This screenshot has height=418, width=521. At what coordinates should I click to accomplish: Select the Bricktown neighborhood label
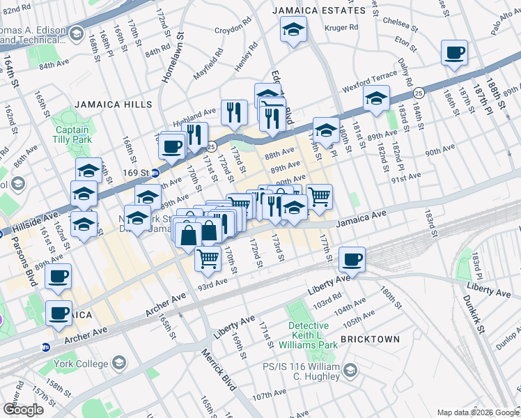(x=376, y=339)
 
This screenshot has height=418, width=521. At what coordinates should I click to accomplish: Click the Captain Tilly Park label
(x=72, y=134)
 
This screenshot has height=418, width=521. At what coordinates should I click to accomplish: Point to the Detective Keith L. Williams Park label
(x=309, y=335)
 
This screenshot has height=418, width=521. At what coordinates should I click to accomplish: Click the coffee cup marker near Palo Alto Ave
(x=454, y=53)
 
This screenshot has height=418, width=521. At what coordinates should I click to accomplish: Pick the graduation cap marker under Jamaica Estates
(x=293, y=30)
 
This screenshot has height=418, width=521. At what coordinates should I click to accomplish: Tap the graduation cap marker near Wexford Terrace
(x=376, y=100)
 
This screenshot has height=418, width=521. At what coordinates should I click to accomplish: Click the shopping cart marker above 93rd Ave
(x=208, y=259)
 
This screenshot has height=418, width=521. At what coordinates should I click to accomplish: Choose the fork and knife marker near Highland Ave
(x=234, y=111)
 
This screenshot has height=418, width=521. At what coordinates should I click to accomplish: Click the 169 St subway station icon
(x=157, y=173)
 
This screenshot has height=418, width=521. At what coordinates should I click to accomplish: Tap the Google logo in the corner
(x=23, y=410)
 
